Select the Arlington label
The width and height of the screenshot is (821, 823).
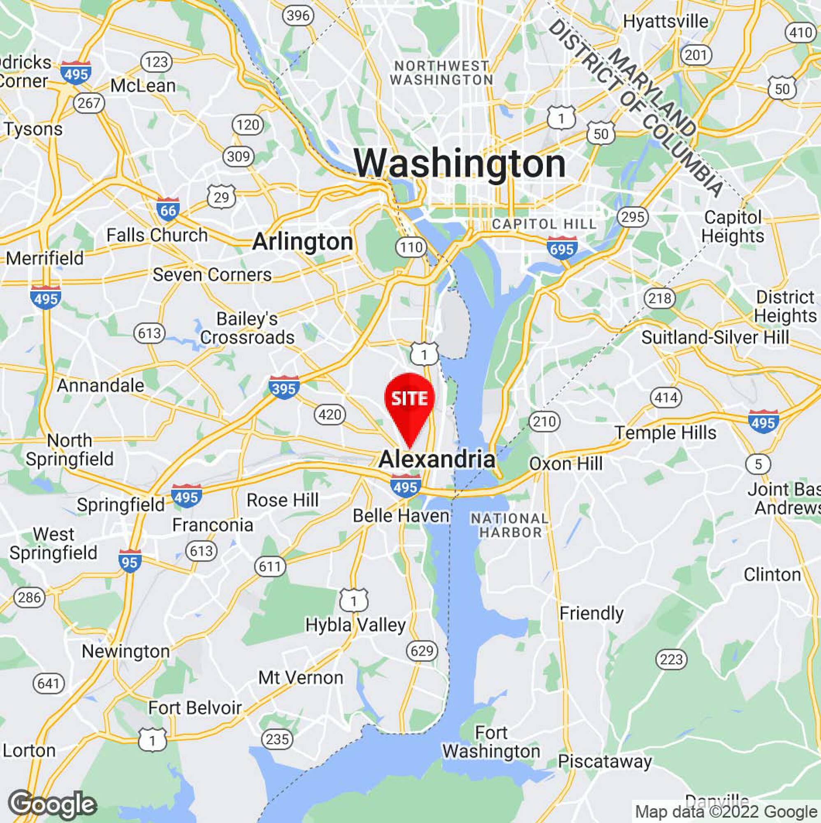coord(302,242)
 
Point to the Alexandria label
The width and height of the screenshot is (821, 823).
coord(437,460)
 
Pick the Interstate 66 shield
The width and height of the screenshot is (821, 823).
coord(168,209)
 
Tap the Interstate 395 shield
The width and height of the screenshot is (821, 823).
coord(284,388)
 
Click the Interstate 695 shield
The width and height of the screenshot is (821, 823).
coord(562,248)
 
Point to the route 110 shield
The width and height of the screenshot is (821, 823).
coord(411,247)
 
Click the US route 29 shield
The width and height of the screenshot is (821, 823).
coord(221,196)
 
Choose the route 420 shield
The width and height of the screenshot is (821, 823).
coord(330,414)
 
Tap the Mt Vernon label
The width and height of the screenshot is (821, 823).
coord(301,677)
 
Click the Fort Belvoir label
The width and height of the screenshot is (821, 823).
coord(195,707)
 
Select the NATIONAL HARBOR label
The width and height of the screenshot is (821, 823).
coord(510,525)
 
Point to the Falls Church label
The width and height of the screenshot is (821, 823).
coord(157,235)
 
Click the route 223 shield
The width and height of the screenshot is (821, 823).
coord(672,659)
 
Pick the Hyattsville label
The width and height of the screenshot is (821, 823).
coord(666,21)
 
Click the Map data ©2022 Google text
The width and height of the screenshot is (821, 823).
coord(725,811)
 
